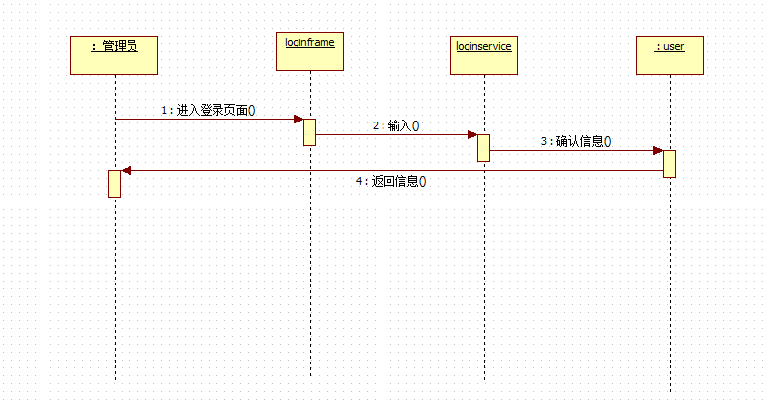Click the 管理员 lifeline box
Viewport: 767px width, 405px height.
[114, 54]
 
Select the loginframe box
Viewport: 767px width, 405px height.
[310, 51]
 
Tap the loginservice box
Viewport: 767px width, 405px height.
[483, 54]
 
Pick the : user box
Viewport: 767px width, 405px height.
[669, 54]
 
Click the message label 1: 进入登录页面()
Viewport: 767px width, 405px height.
[208, 110]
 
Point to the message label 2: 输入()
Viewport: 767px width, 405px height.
[395, 125]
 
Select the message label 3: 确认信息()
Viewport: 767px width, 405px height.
[575, 141]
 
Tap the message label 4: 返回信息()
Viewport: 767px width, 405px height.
[396, 182]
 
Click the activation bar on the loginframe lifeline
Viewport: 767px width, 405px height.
[309, 132]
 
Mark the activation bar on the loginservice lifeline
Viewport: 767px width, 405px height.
[483, 147]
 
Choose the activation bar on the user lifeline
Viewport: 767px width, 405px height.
[669, 164]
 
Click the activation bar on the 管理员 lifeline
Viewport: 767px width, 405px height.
[114, 183]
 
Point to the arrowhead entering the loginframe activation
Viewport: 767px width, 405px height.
[298, 119]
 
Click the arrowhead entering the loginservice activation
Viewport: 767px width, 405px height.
[471, 135]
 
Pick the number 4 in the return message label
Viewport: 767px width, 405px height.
[359, 182]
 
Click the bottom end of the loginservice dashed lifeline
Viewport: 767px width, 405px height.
[484, 379]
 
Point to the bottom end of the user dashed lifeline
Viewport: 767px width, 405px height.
[670, 391]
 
